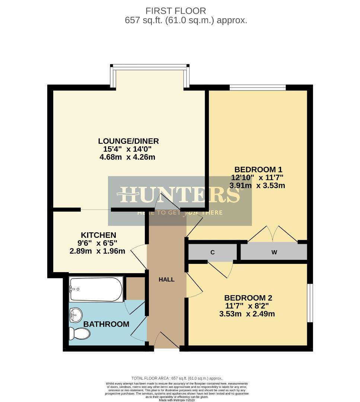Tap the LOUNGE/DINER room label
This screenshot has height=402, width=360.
tap(128, 141)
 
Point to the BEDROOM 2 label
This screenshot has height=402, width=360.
tap(248, 298)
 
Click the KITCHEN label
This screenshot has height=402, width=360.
tap(98, 235)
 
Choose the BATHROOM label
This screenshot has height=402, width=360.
tap(106, 324)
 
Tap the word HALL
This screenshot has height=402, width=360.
tap(166, 280)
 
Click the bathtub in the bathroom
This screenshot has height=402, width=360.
tap(96, 289)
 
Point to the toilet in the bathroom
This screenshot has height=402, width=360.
tap(79, 333)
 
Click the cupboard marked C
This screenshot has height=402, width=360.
tap(213, 252)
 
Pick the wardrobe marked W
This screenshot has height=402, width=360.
tap(274, 252)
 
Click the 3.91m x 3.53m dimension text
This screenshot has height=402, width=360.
tap(257, 185)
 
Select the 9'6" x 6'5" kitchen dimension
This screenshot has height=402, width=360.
tap(98, 243)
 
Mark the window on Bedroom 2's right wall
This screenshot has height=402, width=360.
tap(310, 303)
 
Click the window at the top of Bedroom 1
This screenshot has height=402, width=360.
tap(258, 88)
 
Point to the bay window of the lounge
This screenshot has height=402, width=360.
tap(150, 67)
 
